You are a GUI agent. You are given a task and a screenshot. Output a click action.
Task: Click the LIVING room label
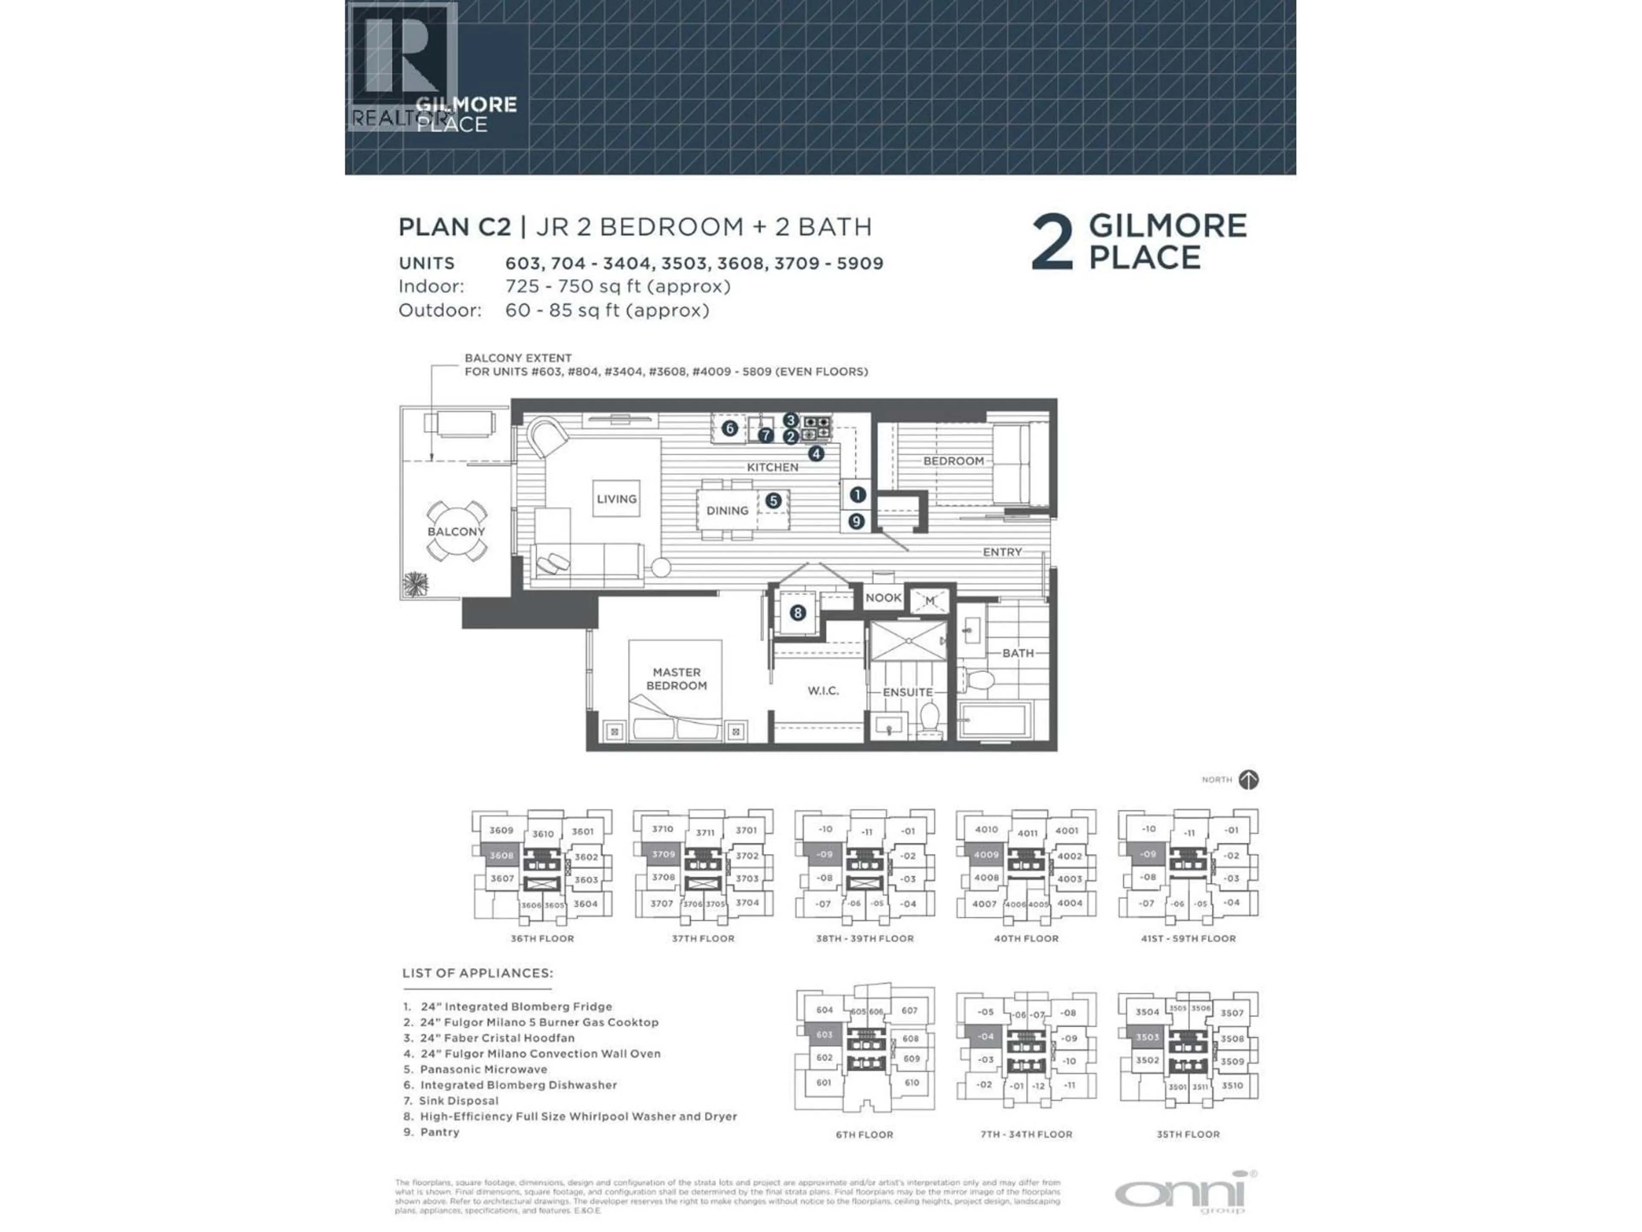coord(616,499)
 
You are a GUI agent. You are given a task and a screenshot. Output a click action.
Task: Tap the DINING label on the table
coord(727,511)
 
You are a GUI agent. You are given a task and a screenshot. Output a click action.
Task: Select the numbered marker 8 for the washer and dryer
coord(797,613)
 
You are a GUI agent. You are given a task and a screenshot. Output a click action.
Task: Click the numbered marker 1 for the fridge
coord(857,495)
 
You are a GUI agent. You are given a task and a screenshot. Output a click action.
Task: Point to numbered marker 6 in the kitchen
coord(729,429)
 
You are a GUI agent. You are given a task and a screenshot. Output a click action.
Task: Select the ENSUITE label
coord(907,692)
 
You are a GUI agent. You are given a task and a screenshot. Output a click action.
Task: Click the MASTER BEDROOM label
coord(676,679)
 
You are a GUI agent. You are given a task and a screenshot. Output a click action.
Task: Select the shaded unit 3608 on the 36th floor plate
coord(502,856)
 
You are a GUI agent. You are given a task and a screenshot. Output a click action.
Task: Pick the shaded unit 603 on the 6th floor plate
coord(824,1034)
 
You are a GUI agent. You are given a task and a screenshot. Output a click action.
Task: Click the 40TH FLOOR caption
coord(1026,939)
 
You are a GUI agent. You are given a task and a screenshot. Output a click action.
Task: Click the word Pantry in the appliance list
coord(440,1132)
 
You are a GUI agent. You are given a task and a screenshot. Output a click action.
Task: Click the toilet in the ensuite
coord(929,718)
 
